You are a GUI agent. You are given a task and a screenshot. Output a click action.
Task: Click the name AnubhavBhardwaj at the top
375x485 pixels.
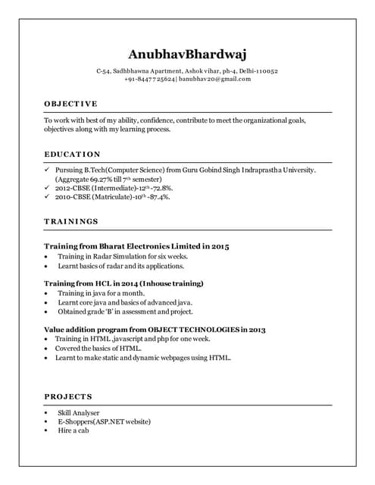tap(187, 54)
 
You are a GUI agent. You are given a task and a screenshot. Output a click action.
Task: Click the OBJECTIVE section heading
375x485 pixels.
tap(70, 103)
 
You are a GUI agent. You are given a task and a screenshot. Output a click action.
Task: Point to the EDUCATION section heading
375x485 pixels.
tap(72, 154)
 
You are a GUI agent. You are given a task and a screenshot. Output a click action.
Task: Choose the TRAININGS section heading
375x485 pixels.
tap(71, 221)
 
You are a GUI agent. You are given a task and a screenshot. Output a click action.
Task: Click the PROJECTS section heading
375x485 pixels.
tap(68, 396)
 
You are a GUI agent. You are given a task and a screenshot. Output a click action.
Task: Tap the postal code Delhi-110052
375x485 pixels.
tap(256, 70)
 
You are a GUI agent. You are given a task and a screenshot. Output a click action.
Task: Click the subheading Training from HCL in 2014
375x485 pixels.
tap(123, 283)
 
